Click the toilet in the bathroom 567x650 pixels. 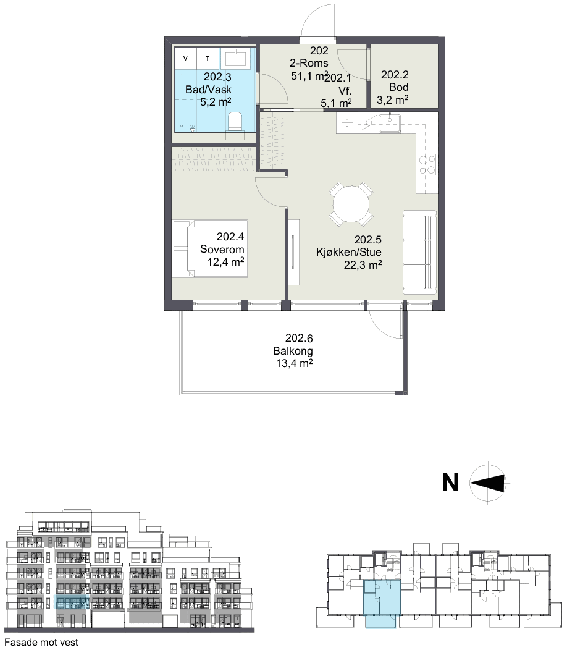click(x=235, y=120)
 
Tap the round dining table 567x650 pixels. click(x=351, y=205)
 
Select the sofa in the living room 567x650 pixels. click(x=420, y=251)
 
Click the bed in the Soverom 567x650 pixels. click(x=211, y=249)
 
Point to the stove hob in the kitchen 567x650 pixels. click(x=427, y=164)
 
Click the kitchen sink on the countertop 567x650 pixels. click(x=390, y=124)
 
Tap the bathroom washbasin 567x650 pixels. click(x=235, y=58)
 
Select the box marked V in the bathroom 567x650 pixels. click(x=185, y=59)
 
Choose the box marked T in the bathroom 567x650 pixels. click(x=208, y=59)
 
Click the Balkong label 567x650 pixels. click(x=293, y=351)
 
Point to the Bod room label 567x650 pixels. click(x=399, y=87)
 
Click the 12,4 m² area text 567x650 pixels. click(x=226, y=262)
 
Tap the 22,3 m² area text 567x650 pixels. click(x=363, y=265)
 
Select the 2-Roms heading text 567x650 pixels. click(x=309, y=63)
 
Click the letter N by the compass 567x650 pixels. click(x=450, y=483)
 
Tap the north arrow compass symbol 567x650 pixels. click(x=488, y=483)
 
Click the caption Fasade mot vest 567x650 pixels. click(x=41, y=642)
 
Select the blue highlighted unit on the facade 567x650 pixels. click(x=72, y=602)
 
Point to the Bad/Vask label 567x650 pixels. click(x=209, y=90)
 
